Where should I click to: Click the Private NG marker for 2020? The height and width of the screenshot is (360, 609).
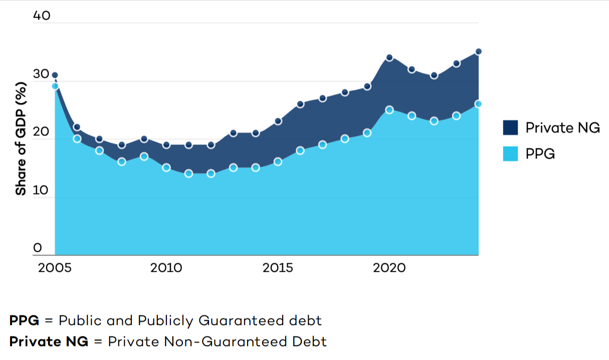[x=389, y=58]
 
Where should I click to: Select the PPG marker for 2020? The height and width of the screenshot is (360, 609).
[x=389, y=110]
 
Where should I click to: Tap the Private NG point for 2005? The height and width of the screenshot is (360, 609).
[x=55, y=75]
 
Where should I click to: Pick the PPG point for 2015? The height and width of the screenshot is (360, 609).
[x=278, y=162]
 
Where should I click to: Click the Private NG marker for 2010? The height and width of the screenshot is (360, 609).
[x=166, y=145]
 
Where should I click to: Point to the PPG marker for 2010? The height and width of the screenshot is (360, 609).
[x=166, y=167]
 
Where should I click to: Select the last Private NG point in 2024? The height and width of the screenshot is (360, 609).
[x=478, y=52]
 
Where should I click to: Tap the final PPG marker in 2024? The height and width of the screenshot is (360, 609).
[x=478, y=104]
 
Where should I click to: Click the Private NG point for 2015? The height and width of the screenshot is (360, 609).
[x=278, y=121]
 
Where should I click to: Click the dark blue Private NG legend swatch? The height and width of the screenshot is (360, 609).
[x=510, y=127]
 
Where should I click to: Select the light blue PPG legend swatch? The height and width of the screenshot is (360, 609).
[x=510, y=154]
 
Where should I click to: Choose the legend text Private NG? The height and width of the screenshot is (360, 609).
[x=562, y=127]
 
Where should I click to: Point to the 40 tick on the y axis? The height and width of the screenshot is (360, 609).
[x=42, y=16]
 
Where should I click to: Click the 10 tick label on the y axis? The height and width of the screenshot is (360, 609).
[x=42, y=190]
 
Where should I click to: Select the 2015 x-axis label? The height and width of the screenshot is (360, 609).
[x=278, y=268]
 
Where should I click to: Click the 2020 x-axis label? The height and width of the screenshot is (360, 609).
[x=389, y=268]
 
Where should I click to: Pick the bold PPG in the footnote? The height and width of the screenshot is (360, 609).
[x=24, y=320]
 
